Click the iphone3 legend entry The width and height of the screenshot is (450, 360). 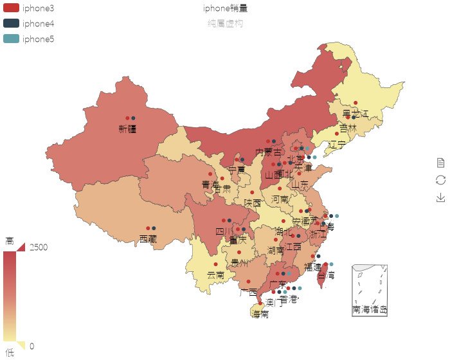29,8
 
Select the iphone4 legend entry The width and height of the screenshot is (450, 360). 29,23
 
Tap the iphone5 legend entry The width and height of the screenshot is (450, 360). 29,39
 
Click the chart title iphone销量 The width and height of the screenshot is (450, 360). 225,8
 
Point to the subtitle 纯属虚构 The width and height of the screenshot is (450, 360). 225,23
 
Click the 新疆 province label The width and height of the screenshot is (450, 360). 127,129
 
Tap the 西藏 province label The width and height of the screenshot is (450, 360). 148,239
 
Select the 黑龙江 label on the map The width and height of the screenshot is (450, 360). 355,114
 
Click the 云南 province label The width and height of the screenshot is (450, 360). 215,275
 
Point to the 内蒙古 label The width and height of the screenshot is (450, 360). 268,152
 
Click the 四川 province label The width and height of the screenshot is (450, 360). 224,231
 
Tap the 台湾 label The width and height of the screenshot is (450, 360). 326,275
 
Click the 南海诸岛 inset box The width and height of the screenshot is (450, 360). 370,289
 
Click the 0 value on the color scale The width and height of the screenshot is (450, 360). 32,346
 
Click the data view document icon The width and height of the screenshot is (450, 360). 440,162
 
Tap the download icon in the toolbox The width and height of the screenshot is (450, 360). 440,197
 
